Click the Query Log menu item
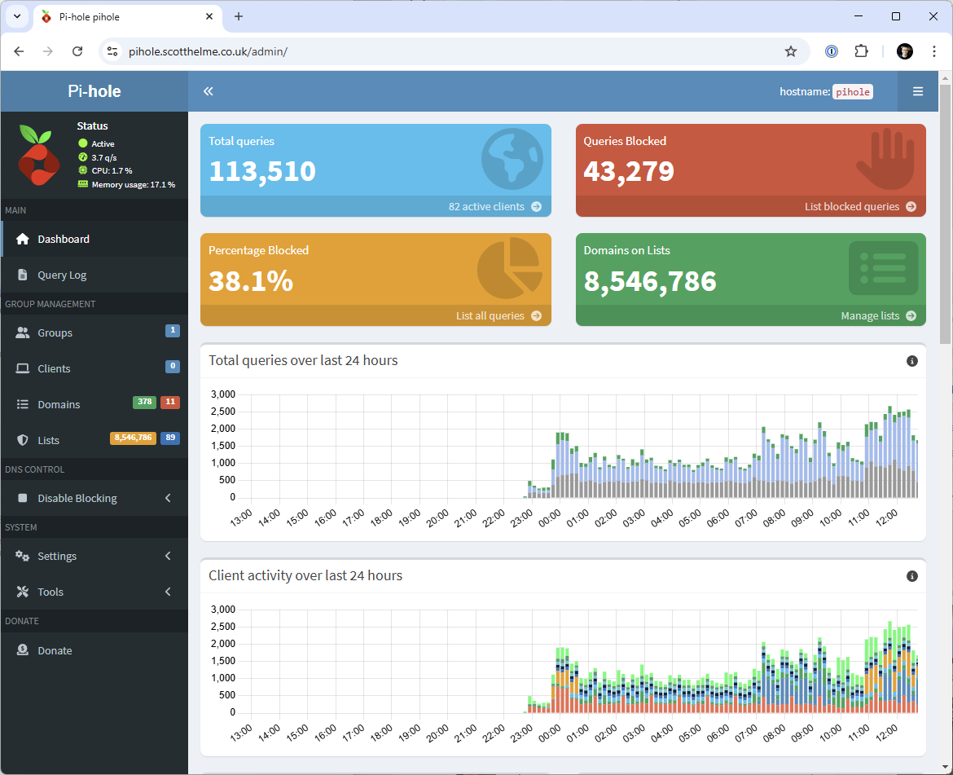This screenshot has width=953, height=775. click(x=62, y=275)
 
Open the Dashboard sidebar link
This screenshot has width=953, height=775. click(x=63, y=239)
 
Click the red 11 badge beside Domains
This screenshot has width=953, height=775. click(x=170, y=402)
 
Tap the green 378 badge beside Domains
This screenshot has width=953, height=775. click(x=144, y=402)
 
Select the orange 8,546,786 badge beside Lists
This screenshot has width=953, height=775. click(x=133, y=438)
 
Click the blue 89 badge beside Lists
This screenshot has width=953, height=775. click(x=170, y=438)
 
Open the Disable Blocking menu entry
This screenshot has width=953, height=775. click(x=77, y=498)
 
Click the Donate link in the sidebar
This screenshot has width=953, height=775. click(x=55, y=650)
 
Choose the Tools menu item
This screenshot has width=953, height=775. click(x=51, y=592)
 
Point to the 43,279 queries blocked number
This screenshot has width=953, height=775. click(x=629, y=171)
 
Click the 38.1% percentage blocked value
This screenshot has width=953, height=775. click(x=251, y=280)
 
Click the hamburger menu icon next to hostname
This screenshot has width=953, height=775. click(x=918, y=91)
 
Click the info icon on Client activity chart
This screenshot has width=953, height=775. click(x=912, y=576)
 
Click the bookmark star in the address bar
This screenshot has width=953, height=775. click(x=791, y=51)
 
